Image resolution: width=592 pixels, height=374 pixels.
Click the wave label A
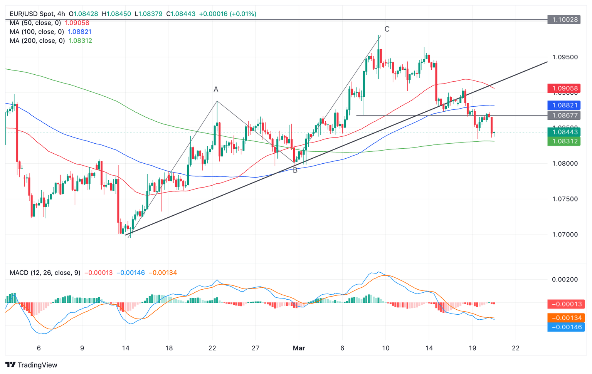(216, 89)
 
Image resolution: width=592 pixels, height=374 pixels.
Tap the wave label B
(295, 170)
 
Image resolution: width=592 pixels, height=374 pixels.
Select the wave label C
(387, 29)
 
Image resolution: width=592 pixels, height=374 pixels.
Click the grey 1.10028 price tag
(564, 20)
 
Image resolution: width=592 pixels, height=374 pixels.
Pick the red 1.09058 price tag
(564, 88)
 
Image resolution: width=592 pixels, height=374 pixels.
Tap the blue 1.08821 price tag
(564, 105)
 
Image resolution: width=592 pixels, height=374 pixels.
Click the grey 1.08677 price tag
(564, 115)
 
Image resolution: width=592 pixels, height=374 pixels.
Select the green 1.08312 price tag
(564, 141)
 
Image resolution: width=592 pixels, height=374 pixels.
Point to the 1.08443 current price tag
(564, 132)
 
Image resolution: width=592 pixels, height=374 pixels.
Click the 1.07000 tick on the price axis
(565, 234)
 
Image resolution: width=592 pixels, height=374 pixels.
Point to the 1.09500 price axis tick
(565, 57)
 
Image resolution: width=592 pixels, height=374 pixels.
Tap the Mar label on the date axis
(299, 348)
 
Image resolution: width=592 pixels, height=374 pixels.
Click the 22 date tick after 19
(516, 348)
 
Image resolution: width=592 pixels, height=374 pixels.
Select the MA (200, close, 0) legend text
(37, 40)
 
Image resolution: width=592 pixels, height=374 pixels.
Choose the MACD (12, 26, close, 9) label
(45, 273)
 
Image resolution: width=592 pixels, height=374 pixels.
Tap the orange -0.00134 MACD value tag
(566, 318)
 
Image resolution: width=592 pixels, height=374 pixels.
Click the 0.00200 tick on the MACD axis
(565, 279)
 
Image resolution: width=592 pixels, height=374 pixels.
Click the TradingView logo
(32, 365)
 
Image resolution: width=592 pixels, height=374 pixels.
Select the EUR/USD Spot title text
(32, 14)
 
